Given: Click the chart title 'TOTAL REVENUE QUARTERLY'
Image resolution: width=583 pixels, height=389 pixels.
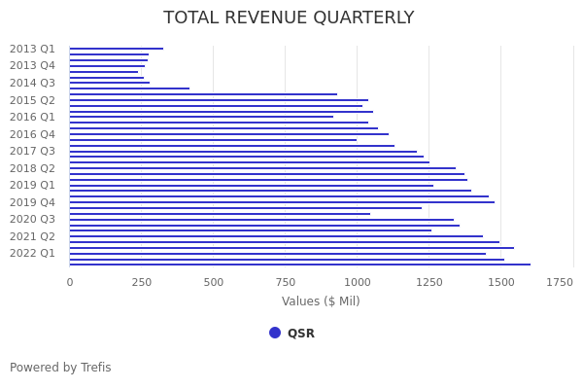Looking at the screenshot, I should [x=289, y=18].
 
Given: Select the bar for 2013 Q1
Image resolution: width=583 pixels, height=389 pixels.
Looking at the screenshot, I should [x=117, y=49].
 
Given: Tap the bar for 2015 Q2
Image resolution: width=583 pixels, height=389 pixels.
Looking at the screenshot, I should [x=219, y=100].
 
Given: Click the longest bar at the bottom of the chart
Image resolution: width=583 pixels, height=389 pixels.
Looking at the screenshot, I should [x=300, y=265].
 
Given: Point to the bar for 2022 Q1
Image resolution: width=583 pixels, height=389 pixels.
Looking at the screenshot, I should [x=278, y=254].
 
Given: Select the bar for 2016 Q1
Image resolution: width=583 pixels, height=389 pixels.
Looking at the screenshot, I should [x=201, y=117].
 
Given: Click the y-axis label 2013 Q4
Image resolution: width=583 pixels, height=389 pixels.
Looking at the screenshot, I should [x=32, y=66].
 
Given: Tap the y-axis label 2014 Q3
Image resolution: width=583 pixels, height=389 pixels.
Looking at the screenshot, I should [x=32, y=83].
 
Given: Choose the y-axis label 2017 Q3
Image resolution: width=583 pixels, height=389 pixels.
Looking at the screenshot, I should [x=32, y=151].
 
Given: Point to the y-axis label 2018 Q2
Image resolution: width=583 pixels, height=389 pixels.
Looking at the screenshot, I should [x=32, y=168].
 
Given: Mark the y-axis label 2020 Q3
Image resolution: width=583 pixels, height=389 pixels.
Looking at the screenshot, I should [x=32, y=219].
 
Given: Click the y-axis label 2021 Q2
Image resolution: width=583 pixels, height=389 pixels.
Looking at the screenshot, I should [x=32, y=236].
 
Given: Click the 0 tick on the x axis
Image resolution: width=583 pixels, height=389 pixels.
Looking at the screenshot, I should [x=70, y=282].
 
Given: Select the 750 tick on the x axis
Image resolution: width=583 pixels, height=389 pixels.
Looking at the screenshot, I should [x=286, y=282].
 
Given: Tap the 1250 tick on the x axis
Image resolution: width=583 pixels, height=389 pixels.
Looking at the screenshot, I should [x=429, y=282].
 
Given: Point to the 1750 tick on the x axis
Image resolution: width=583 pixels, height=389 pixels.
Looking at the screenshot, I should [x=560, y=282].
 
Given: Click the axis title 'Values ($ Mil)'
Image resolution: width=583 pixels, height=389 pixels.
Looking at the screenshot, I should [x=321, y=301].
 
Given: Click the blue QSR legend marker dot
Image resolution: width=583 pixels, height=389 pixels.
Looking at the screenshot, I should [x=275, y=333].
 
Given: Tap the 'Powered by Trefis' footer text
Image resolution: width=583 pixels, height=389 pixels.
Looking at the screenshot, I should [x=60, y=368].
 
